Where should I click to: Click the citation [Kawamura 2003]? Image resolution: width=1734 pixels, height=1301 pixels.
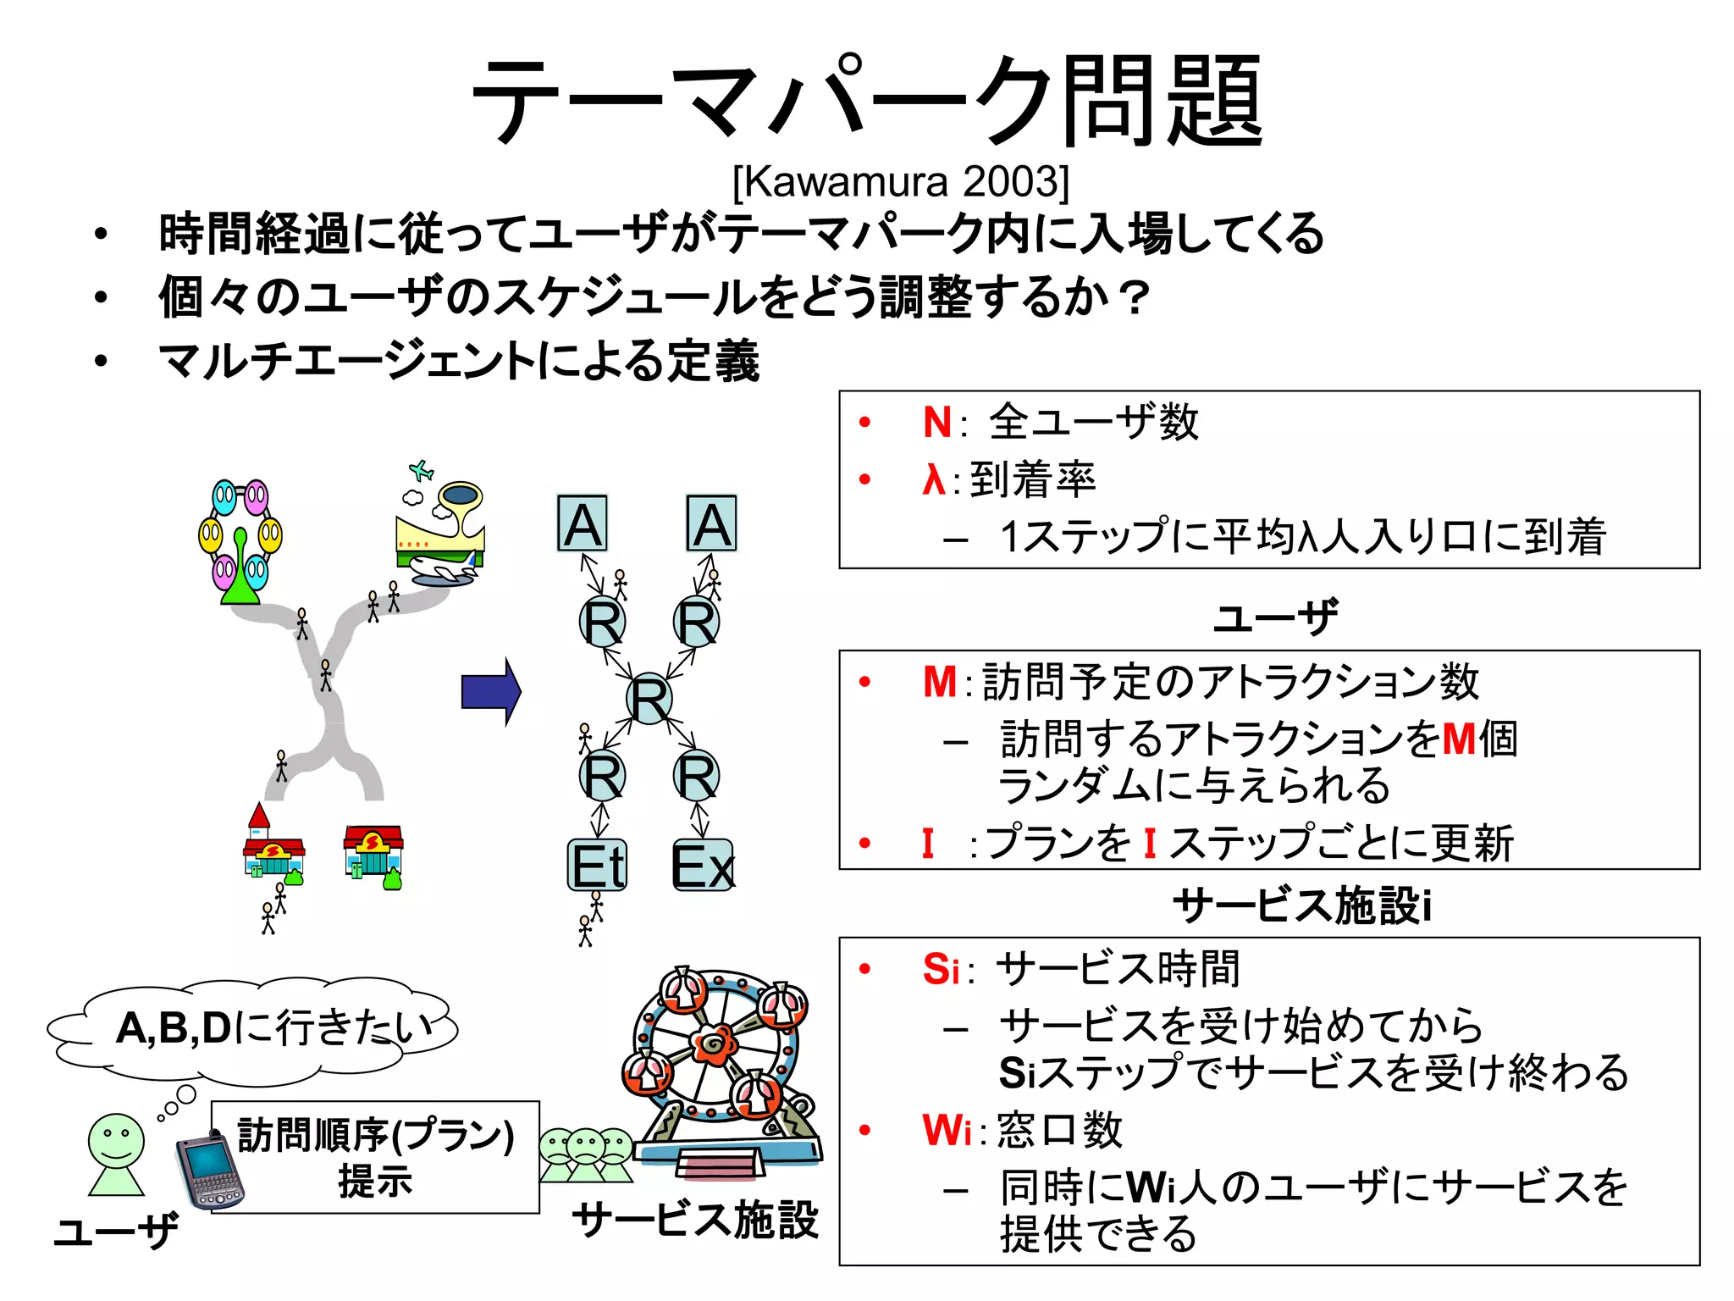point(900,181)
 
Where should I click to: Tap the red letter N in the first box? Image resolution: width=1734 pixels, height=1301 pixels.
point(937,422)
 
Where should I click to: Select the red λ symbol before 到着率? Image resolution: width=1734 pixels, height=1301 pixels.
point(933,479)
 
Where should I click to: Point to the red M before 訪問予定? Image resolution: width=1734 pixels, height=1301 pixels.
point(940,682)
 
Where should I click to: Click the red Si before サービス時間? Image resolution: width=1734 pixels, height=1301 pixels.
point(941,969)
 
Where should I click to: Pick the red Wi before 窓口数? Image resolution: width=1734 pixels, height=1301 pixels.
point(947,1130)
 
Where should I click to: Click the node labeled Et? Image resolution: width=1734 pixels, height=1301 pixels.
point(598,866)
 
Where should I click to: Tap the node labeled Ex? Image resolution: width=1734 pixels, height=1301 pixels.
point(702,866)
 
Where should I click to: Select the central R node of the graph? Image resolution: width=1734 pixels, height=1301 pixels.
point(649,700)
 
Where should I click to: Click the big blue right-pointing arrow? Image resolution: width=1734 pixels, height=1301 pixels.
point(491,692)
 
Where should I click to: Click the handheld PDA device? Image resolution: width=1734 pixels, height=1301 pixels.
point(208,1171)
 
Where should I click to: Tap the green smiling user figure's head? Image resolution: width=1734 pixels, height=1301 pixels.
point(116,1140)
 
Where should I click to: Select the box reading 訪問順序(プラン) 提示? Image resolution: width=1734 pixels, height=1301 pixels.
point(375,1157)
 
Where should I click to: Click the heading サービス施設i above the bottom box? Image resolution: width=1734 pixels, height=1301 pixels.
point(1302,905)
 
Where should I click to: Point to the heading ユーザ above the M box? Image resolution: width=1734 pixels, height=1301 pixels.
point(1275,617)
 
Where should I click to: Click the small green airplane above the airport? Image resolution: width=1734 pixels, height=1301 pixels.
point(421,470)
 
